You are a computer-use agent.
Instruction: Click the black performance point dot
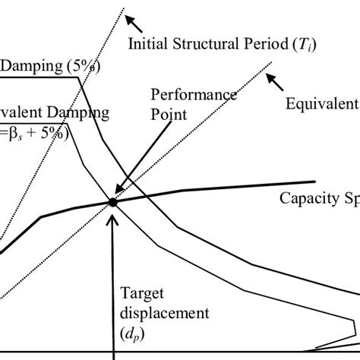112,202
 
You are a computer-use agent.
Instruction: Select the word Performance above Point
182,95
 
